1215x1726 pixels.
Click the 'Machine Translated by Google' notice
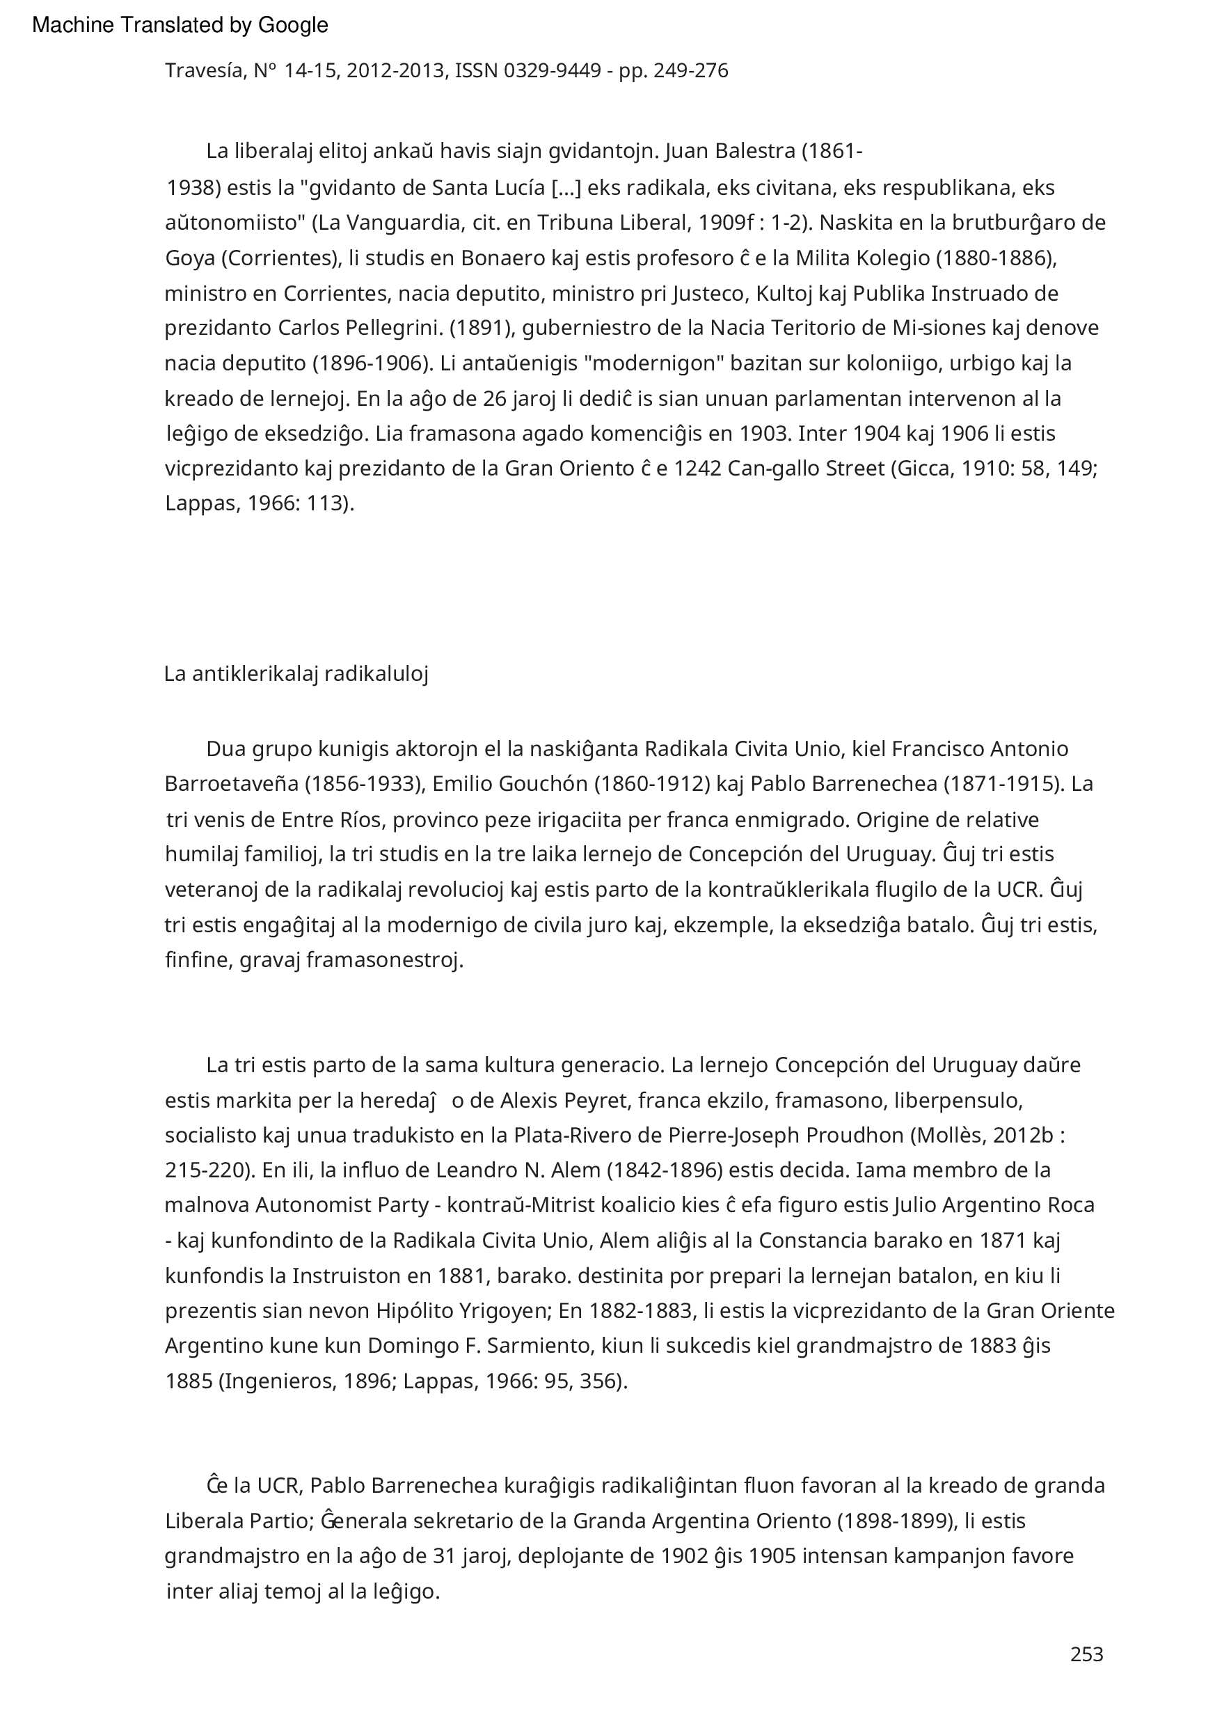(x=180, y=26)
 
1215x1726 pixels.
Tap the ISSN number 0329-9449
(x=553, y=70)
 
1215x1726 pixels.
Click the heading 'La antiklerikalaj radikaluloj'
(x=296, y=674)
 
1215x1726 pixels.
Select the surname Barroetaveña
(x=232, y=784)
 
